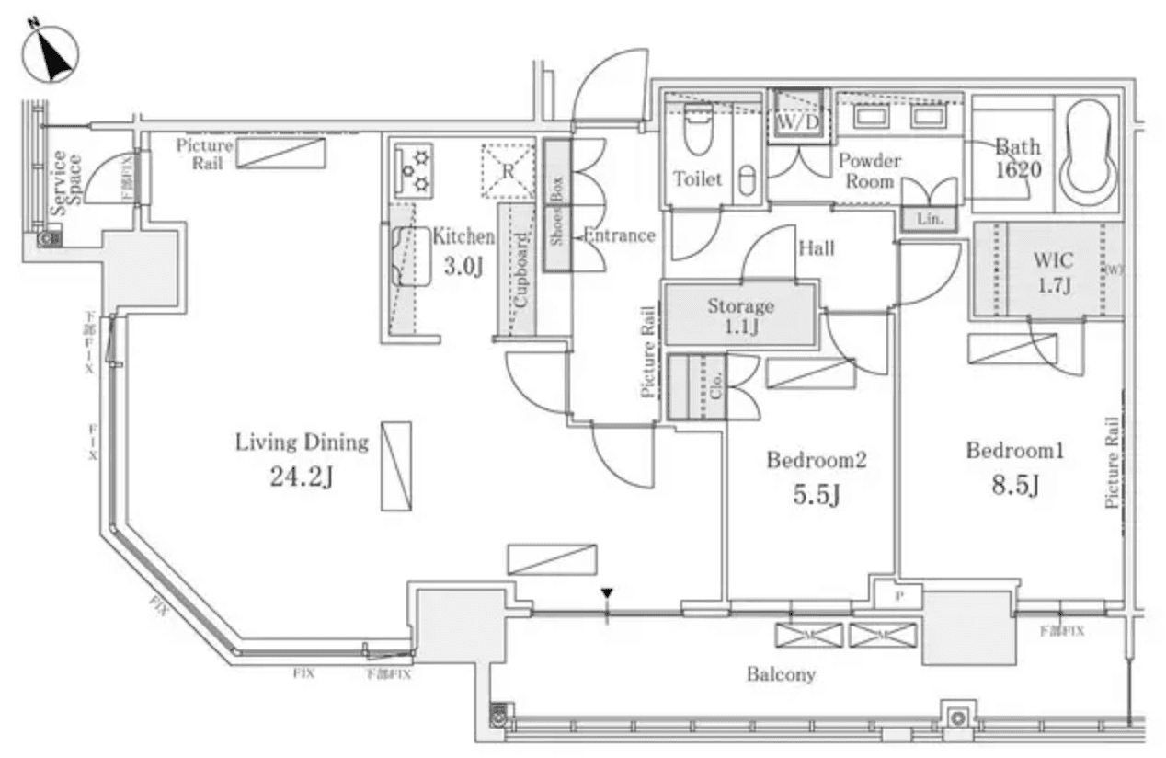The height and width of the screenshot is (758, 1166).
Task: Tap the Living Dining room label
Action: point(302,442)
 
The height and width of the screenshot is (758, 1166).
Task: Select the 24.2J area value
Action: point(302,477)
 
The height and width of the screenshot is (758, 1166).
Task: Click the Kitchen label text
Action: point(463,236)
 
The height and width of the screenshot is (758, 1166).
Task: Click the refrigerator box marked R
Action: point(508,170)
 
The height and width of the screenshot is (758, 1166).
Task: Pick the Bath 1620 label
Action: point(1017,158)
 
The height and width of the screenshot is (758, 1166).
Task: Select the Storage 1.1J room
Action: point(740,316)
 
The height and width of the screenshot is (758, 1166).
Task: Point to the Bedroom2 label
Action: point(817,460)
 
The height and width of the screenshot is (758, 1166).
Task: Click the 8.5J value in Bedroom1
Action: point(1014,485)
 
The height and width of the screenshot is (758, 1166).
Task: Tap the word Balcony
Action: point(781,674)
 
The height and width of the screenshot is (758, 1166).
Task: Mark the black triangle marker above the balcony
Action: point(606,593)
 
